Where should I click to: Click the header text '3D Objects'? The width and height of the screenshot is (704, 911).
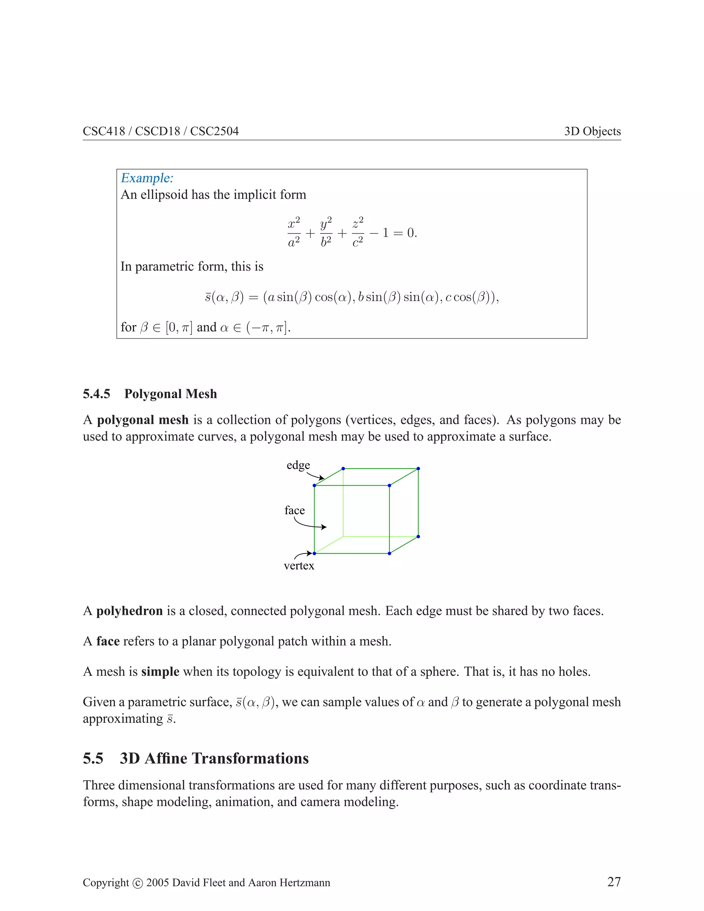pyautogui.click(x=592, y=131)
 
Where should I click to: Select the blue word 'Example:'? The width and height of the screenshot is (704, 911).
pyautogui.click(x=147, y=178)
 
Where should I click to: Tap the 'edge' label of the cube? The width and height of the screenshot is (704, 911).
pyautogui.click(x=298, y=465)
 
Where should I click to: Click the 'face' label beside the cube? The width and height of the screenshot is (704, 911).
pyautogui.click(x=295, y=510)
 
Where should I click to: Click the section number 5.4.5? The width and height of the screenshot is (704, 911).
pyautogui.click(x=96, y=394)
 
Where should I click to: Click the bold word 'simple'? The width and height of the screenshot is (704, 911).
pyautogui.click(x=160, y=672)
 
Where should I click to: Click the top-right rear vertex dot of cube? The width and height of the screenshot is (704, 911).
pyautogui.click(x=418, y=469)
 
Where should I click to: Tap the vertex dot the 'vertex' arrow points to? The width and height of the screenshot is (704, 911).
pyautogui.click(x=315, y=553)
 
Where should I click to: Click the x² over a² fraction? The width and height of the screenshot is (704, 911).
pyautogui.click(x=294, y=232)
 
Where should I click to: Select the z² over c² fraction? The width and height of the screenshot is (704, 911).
pyautogui.click(x=358, y=232)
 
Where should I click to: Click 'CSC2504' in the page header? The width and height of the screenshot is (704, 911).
pyautogui.click(x=214, y=131)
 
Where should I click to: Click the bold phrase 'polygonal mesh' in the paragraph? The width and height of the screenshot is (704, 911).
pyautogui.click(x=143, y=420)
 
